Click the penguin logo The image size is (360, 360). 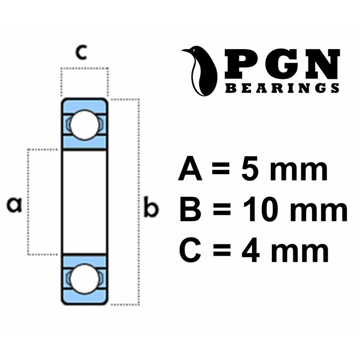coord(200,70)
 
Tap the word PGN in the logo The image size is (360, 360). coord(281,64)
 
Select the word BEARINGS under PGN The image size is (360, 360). coord(282,89)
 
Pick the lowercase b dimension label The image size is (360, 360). coord(151,208)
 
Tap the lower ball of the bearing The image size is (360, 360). coord(84,279)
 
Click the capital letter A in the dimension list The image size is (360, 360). coord(189,170)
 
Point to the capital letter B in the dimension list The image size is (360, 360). coord(189,210)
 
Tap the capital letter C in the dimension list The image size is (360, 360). coord(189,251)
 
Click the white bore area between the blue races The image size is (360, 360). coord(84,202)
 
